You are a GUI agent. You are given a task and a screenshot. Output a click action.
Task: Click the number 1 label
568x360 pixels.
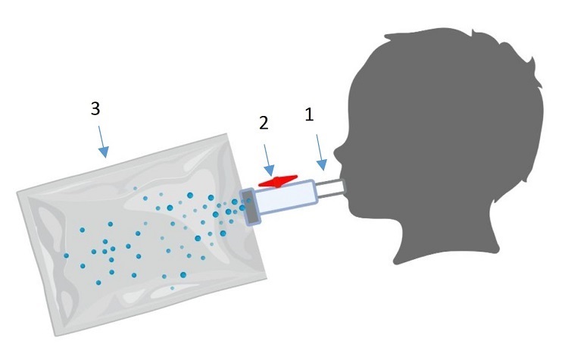click(309, 114)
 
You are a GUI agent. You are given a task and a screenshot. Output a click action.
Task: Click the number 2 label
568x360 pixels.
click(264, 124)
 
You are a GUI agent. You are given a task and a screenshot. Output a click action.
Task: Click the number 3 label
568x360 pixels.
click(95, 108)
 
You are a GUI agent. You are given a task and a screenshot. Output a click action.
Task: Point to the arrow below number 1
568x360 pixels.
click(321, 152)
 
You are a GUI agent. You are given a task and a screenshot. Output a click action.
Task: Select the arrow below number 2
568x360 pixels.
click(269, 160)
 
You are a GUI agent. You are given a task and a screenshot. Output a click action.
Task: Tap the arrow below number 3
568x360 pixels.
click(103, 142)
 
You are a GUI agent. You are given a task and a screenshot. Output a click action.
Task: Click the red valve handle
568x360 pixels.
click(278, 181)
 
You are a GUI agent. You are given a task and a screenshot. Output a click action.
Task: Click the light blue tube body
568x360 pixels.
click(286, 197)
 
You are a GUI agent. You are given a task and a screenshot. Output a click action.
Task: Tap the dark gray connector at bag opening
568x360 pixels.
click(251, 207)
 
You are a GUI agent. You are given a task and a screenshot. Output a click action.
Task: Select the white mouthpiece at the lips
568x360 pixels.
click(332, 189)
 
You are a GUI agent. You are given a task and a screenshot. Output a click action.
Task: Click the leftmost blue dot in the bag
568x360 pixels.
click(67, 255)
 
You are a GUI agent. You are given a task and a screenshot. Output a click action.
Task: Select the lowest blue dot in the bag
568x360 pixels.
click(172, 288)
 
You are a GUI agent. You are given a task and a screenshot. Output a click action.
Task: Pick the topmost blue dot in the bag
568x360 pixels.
click(135, 189)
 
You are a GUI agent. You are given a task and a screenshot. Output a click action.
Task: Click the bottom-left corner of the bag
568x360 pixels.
click(55, 336)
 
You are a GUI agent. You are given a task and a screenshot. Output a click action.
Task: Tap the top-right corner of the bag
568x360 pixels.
click(226, 134)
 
